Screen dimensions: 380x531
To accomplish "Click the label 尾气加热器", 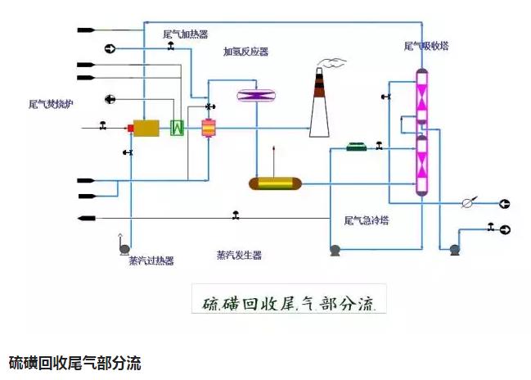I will pyautogui.click(x=186, y=34).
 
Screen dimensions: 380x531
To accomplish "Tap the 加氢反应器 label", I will pyautogui.click(x=245, y=52).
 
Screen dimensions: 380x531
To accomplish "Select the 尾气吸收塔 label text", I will pyautogui.click(x=426, y=46).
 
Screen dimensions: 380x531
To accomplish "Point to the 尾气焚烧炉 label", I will pyautogui.click(x=51, y=104).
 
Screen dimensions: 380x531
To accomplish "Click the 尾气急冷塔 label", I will pyautogui.click(x=366, y=220).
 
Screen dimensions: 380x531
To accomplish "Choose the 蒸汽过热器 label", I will pyautogui.click(x=151, y=260).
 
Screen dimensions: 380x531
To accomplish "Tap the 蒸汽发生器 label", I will pyautogui.click(x=239, y=255).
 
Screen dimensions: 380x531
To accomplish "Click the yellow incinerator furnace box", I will pyautogui.click(x=146, y=128).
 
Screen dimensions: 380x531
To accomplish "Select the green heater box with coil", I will pyautogui.click(x=176, y=128).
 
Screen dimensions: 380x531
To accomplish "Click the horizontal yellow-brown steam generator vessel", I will pyautogui.click(x=274, y=183).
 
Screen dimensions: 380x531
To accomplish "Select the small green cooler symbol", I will pyautogui.click(x=357, y=147).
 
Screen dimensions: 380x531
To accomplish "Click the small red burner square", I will pyautogui.click(x=130, y=128).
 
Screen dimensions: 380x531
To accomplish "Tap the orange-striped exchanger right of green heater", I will pyautogui.click(x=208, y=128).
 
